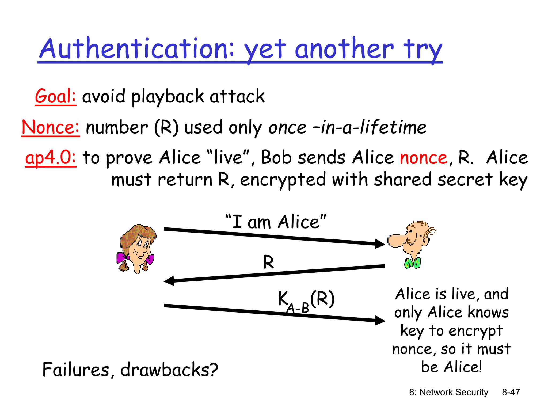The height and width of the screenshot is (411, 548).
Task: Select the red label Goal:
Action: point(55,96)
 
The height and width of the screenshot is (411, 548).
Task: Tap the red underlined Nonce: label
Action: point(50,127)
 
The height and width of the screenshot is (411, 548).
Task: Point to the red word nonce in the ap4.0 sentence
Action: point(423,158)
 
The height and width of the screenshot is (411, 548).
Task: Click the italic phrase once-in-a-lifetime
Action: point(347,127)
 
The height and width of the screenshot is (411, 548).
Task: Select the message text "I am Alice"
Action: point(276,222)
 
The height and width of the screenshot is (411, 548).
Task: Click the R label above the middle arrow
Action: point(268,262)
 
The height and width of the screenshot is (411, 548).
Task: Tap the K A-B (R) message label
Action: point(306,301)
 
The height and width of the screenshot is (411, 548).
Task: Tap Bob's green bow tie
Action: point(412,263)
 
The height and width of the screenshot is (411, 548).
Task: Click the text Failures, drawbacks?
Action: point(130,370)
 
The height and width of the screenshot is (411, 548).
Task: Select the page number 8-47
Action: point(511,392)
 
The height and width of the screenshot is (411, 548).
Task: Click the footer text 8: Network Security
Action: point(448,392)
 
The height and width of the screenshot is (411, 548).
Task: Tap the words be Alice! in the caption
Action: point(451,367)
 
